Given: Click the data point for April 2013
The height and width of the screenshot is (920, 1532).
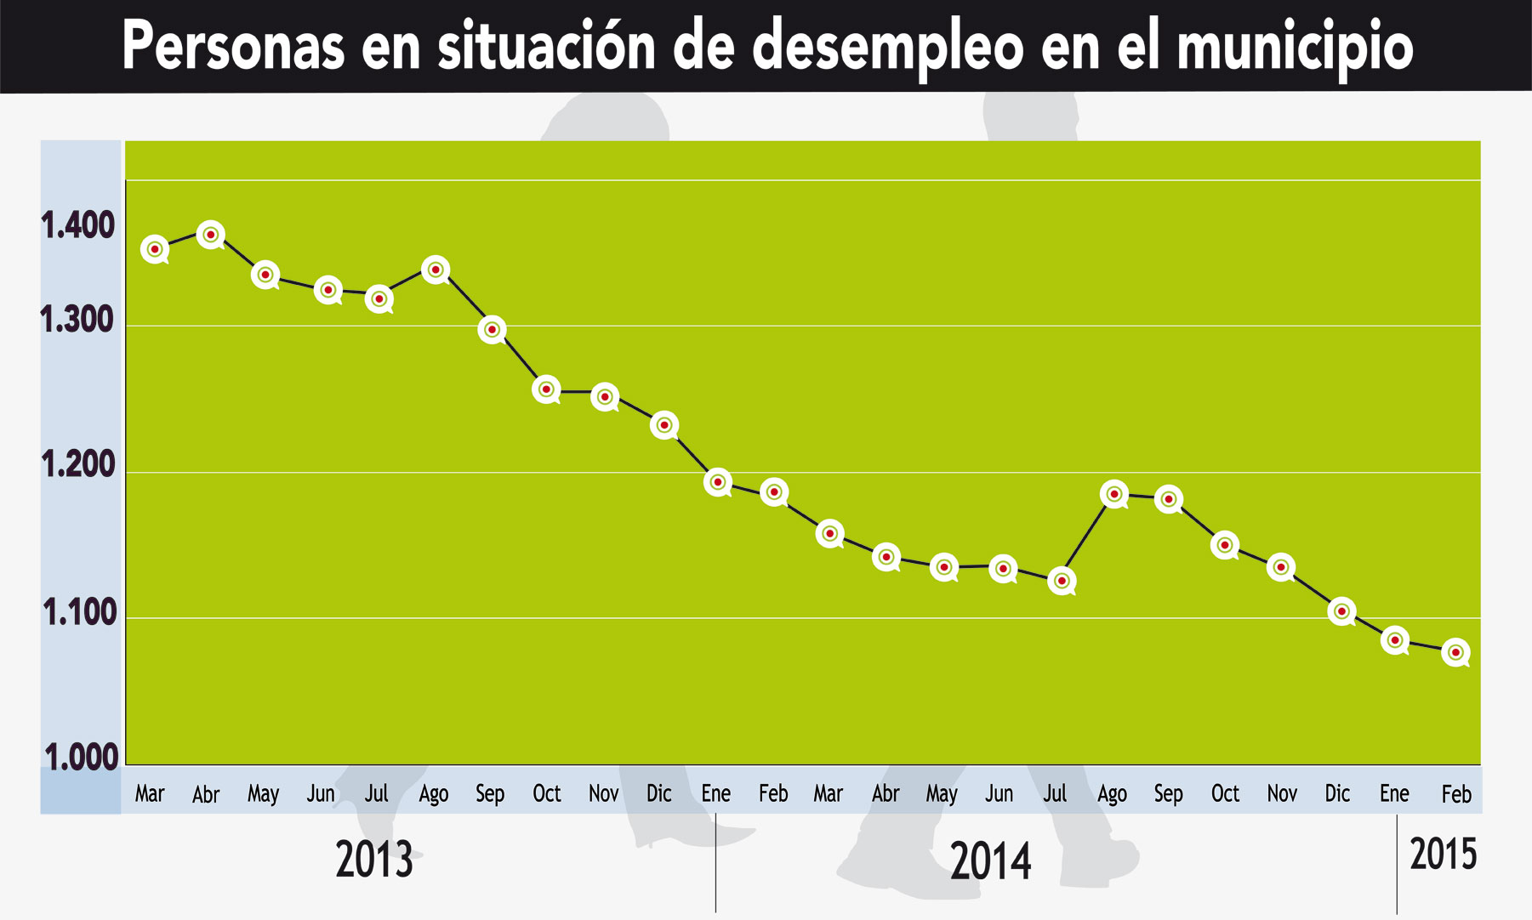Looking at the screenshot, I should (211, 235).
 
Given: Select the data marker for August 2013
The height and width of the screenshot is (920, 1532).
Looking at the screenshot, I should (436, 270).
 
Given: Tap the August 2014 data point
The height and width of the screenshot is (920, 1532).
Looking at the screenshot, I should (1113, 494).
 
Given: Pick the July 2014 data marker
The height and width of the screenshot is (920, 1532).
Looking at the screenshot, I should (1061, 581).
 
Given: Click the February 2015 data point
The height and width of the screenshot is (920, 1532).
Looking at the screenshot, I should (1455, 652).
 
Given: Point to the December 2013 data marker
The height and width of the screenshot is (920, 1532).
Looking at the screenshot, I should (664, 425).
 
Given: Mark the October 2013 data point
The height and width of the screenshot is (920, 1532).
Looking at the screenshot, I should (546, 389).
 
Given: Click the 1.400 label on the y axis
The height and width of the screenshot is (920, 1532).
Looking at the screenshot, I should (77, 226).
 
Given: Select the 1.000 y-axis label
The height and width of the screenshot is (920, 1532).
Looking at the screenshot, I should (81, 757).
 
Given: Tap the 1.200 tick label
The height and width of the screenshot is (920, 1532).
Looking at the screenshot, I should (77, 465).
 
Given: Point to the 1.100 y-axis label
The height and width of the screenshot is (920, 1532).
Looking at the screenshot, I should (79, 612).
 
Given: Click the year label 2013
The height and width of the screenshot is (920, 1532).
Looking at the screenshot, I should (374, 860).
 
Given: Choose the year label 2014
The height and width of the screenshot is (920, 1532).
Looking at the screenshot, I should (991, 861).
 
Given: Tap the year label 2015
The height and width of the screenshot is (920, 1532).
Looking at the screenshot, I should (1444, 854).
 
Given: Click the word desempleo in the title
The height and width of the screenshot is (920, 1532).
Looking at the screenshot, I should (888, 47).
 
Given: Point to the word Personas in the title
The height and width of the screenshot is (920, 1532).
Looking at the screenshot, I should (233, 47).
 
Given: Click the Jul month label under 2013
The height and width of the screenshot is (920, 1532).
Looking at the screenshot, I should (376, 793).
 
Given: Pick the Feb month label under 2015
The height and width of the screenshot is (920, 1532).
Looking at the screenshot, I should (1455, 794).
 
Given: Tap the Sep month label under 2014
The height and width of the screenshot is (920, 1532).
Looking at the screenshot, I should (1168, 794).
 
